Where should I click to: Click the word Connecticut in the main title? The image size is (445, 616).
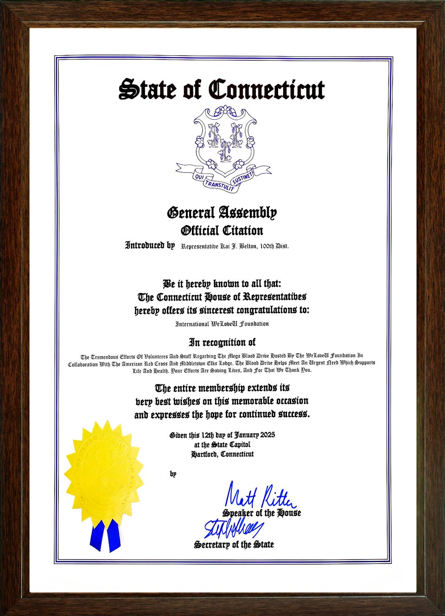click(267, 90)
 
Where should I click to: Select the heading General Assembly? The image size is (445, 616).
click(222, 213)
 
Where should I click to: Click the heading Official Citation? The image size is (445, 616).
click(222, 230)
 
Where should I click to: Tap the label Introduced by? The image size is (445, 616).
click(150, 245)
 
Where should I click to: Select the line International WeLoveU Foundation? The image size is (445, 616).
click(222, 324)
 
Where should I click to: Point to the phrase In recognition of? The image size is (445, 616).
click(222, 342)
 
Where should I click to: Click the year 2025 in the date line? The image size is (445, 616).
click(267, 435)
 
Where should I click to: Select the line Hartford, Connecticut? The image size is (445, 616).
click(222, 454)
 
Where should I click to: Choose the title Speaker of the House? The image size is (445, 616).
click(261, 513)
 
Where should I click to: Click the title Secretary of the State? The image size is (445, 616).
click(234, 545)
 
